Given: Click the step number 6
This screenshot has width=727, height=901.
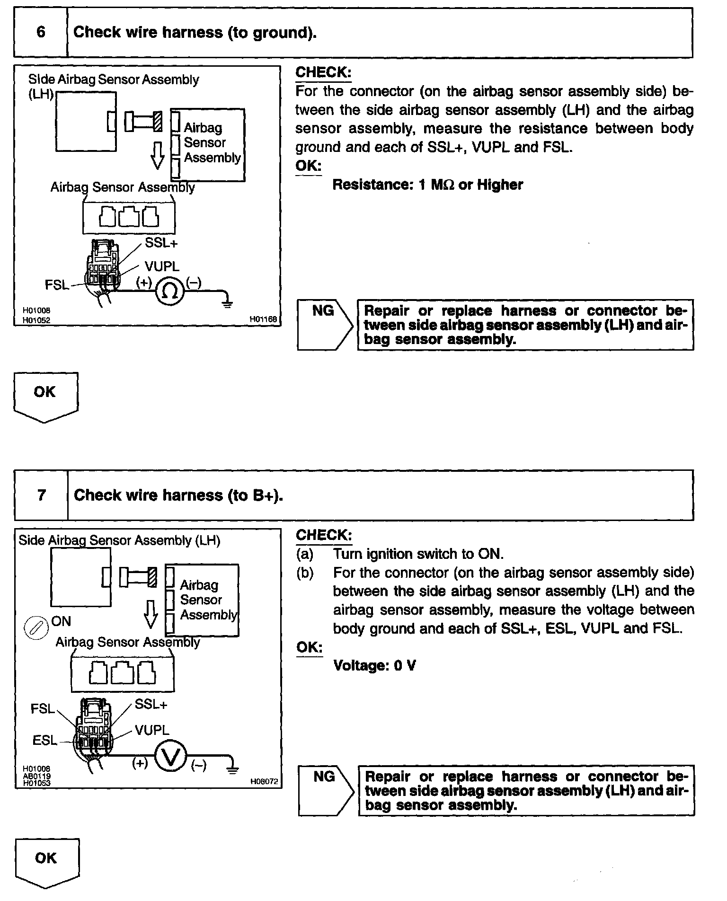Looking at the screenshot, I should tap(41, 32).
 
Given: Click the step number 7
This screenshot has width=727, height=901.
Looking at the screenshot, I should tap(42, 495).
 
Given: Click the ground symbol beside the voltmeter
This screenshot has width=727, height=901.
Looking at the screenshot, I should tap(232, 769).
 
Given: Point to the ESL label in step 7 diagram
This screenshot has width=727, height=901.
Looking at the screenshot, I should tap(44, 740).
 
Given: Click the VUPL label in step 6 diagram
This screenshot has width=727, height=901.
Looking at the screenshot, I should tap(162, 266).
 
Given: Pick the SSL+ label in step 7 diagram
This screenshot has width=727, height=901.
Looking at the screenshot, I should tap(151, 704).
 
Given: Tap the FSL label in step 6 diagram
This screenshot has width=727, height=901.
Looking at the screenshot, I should tap(57, 285).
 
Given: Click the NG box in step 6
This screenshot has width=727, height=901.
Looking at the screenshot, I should tap(324, 324).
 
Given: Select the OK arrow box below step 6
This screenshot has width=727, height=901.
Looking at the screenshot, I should tap(45, 395).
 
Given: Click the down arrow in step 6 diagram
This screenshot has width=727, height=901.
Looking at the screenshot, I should tap(157, 155).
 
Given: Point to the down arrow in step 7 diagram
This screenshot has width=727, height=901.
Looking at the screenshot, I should tap(151, 614).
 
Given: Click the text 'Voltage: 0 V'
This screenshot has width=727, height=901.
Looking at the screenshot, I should tap(374, 666).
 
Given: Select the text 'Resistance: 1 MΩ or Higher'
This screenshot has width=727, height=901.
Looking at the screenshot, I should tap(427, 185).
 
